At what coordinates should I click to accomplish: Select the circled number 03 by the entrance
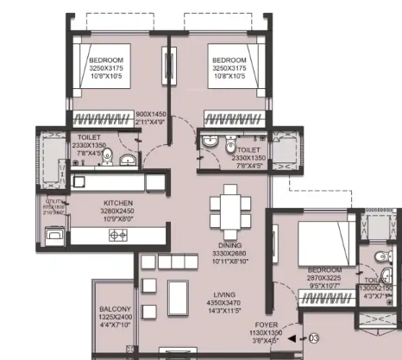313,339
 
